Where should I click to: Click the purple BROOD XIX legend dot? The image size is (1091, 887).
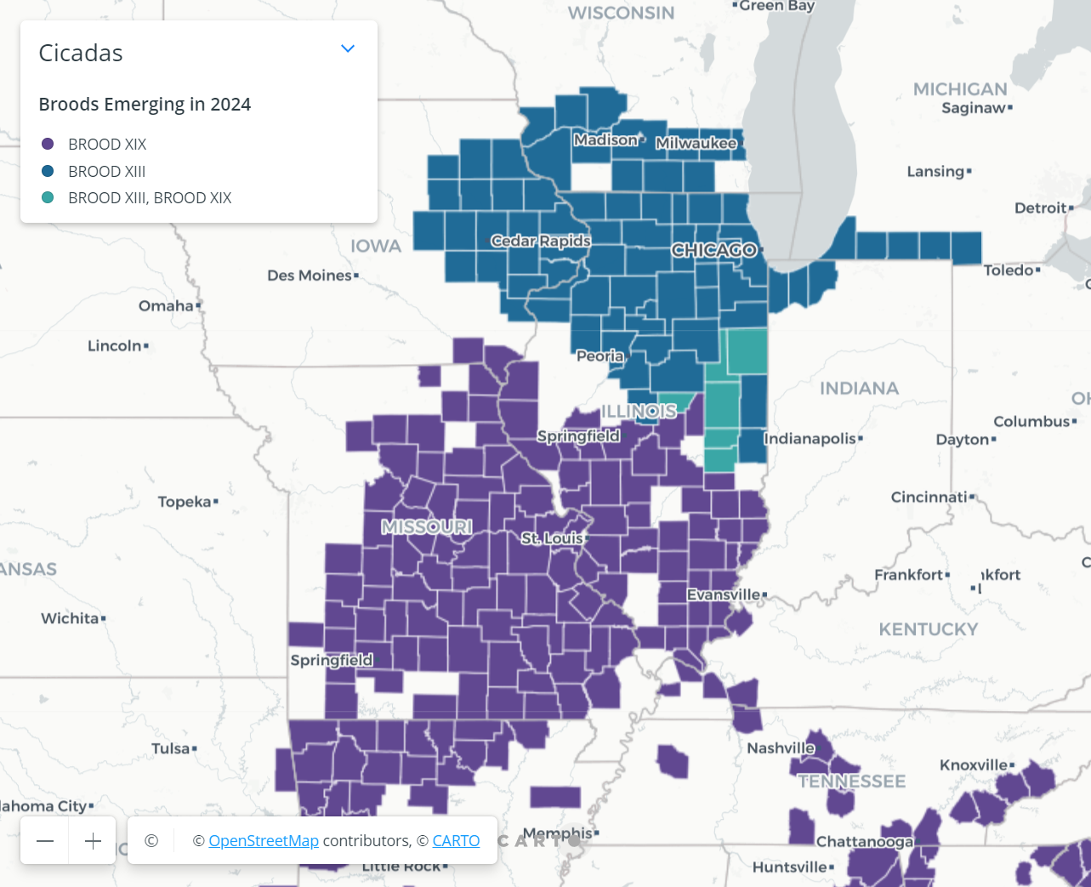click(x=48, y=144)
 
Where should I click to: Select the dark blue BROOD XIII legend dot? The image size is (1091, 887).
click(x=48, y=171)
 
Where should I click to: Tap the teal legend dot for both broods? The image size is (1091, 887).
click(x=48, y=197)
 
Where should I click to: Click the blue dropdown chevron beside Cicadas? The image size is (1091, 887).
click(x=347, y=48)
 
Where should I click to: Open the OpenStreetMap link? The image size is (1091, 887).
click(x=264, y=840)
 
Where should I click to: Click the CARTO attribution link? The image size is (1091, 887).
click(x=456, y=840)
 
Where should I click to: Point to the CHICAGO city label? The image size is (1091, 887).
click(x=713, y=250)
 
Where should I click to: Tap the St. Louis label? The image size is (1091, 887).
click(x=553, y=538)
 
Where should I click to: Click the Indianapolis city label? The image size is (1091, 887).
click(x=810, y=438)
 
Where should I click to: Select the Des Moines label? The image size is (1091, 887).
click(x=310, y=276)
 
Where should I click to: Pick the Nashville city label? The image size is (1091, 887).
click(x=781, y=748)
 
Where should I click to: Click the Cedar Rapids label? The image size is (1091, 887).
click(x=541, y=241)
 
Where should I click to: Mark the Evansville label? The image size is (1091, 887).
click(x=724, y=594)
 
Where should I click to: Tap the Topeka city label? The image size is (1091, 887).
click(x=185, y=502)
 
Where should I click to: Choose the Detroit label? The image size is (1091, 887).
click(x=1040, y=208)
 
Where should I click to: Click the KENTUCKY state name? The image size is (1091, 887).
click(x=929, y=629)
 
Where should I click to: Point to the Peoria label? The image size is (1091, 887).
click(x=600, y=355)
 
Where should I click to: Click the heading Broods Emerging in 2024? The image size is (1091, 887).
click(x=145, y=104)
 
